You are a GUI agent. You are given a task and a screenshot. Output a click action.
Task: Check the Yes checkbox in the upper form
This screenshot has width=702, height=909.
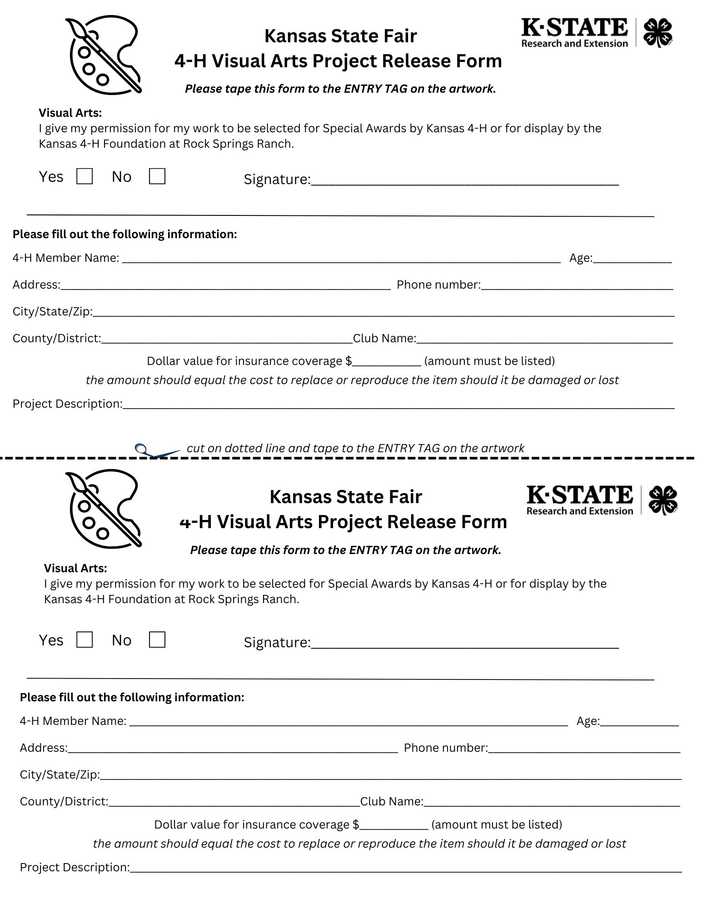(85, 176)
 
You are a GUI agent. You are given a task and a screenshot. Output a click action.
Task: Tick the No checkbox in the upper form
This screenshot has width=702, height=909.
(157, 176)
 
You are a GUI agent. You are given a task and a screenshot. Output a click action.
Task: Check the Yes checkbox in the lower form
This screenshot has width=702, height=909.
(85, 639)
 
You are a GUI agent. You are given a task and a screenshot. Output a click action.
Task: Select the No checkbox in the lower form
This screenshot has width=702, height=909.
(157, 639)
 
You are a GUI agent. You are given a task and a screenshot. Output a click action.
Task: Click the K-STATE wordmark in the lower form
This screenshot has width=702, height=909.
(579, 495)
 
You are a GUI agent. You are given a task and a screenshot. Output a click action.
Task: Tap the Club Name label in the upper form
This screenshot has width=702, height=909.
(384, 339)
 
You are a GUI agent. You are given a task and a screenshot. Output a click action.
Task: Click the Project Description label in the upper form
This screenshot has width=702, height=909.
(67, 404)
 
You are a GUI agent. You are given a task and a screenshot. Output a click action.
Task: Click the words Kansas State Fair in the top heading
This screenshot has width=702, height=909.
(340, 36)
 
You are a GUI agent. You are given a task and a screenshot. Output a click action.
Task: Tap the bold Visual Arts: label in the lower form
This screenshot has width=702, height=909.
(75, 568)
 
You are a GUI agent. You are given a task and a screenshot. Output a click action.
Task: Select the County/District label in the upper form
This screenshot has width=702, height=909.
(57, 339)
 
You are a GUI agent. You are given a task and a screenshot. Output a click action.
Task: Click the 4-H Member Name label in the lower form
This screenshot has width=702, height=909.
(73, 721)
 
